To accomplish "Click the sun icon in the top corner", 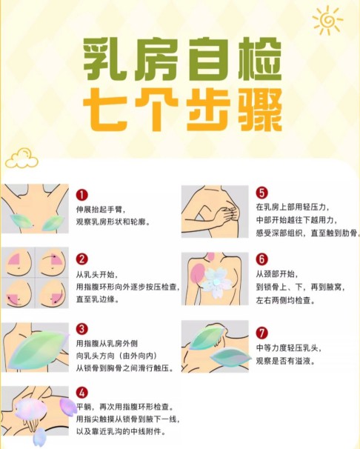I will tap(327, 21).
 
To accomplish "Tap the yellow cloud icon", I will tap(21, 159).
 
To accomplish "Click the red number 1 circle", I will tap(82, 195).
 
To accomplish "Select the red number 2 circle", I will tap(82, 259).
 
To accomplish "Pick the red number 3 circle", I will tap(82, 328).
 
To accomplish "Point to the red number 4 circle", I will tap(82, 393).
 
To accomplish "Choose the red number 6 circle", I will tap(261, 259).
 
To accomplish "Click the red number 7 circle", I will tap(261, 333).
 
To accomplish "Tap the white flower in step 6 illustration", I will tap(218, 282).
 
